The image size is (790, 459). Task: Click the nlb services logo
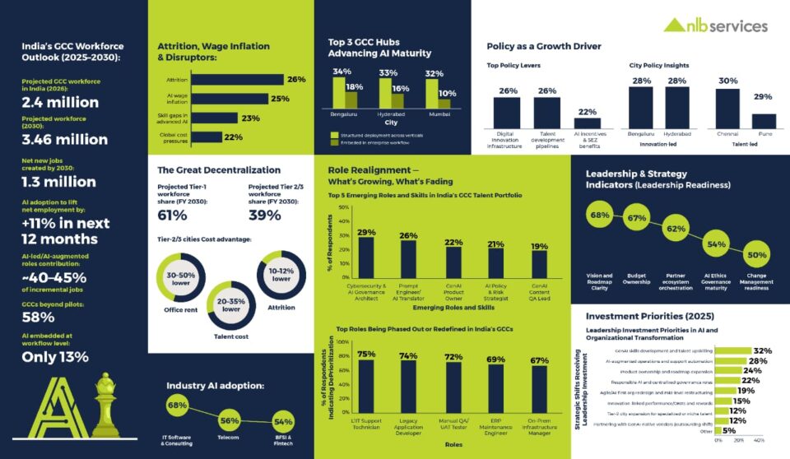715,25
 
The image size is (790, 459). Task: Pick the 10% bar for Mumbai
446,105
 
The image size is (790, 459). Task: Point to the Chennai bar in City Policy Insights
727,109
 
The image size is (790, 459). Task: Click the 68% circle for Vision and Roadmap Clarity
600,216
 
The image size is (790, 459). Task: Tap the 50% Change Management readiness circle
755,254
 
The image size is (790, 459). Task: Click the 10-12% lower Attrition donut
281,274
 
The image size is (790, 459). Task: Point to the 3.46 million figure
65,139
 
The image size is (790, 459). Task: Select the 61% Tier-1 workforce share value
173,216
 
